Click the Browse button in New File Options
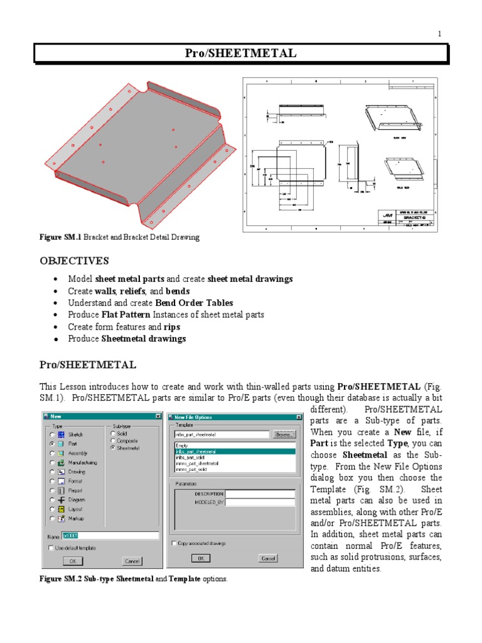(x=282, y=434)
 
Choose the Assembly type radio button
(x=52, y=453)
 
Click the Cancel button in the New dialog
(x=132, y=561)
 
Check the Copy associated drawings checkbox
(x=174, y=543)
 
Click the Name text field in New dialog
(x=110, y=536)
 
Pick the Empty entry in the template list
(x=182, y=445)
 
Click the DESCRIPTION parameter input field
(x=260, y=494)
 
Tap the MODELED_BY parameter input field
(x=260, y=502)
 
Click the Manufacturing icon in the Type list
(x=61, y=462)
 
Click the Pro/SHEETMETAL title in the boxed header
(x=241, y=53)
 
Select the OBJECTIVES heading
(x=74, y=261)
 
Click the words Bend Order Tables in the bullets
(x=190, y=303)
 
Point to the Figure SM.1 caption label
(x=60, y=237)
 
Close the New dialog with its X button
(x=157, y=416)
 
